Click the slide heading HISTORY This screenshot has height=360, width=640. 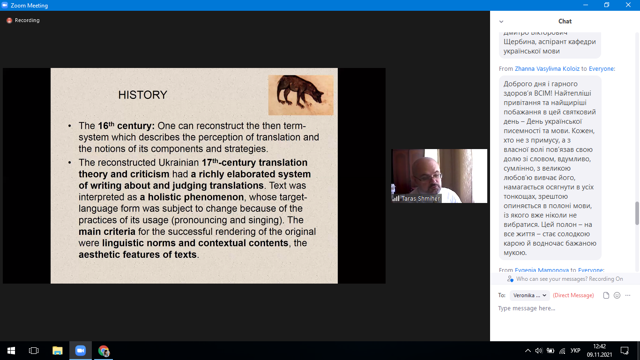(142, 95)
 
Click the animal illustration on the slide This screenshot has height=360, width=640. (301, 95)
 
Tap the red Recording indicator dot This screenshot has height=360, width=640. (9, 20)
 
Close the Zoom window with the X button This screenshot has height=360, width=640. (628, 5)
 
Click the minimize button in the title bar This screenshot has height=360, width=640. (586, 5)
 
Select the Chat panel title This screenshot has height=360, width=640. (565, 21)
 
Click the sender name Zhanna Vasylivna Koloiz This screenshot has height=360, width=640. (547, 68)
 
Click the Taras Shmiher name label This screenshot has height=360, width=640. (421, 198)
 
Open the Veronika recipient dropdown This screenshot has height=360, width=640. (530, 295)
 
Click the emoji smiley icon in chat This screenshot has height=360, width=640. (617, 295)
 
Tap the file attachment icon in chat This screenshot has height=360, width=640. (606, 295)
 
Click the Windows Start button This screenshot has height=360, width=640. (11, 351)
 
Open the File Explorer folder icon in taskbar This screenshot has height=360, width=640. (58, 351)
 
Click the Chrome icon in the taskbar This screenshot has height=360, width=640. (104, 351)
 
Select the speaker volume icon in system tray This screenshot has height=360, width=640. (539, 351)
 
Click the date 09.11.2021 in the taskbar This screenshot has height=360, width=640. (599, 354)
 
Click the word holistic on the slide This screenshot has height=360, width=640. (164, 197)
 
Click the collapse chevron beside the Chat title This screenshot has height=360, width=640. (501, 22)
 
